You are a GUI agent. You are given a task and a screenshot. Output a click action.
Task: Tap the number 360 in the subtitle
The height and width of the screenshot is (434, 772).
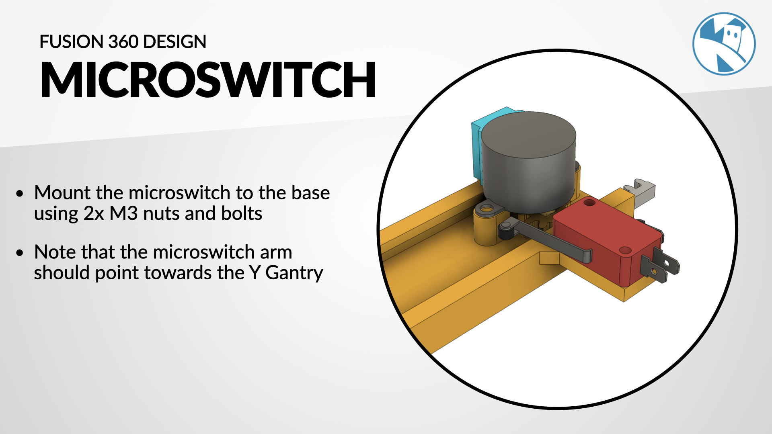[123, 42]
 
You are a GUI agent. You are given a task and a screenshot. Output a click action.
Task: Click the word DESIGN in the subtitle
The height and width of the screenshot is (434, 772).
[175, 42]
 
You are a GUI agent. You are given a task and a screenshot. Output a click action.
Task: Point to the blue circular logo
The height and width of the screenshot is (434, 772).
[724, 44]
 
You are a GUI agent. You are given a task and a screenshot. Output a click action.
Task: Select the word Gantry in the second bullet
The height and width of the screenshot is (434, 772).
[294, 273]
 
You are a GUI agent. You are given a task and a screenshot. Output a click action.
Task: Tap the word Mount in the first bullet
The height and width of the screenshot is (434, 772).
[62, 193]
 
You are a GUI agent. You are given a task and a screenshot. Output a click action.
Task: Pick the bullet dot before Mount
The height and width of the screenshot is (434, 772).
[20, 194]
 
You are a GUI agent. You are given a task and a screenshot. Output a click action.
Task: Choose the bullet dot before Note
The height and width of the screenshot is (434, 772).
[20, 253]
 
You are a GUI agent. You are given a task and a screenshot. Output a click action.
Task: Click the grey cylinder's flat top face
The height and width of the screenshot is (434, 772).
[528, 135]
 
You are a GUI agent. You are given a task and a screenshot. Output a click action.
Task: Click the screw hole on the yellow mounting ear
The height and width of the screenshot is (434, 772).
[487, 209]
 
